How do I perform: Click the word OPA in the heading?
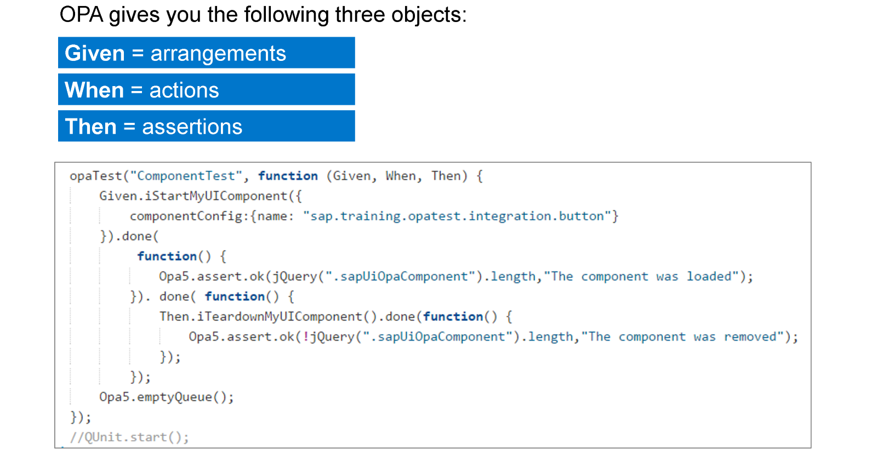82,15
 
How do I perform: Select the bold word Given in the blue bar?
95,53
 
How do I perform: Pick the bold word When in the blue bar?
94,90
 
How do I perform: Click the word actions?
184,90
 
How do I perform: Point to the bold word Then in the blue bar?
91,127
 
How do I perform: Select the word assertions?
192,127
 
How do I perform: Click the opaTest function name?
96,176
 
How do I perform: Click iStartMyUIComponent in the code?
216,196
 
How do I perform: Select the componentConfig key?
186,216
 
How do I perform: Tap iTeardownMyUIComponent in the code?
280,316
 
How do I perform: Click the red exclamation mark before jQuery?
306,337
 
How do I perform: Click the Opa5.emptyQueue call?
166,397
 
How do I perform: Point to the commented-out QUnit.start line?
129,437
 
